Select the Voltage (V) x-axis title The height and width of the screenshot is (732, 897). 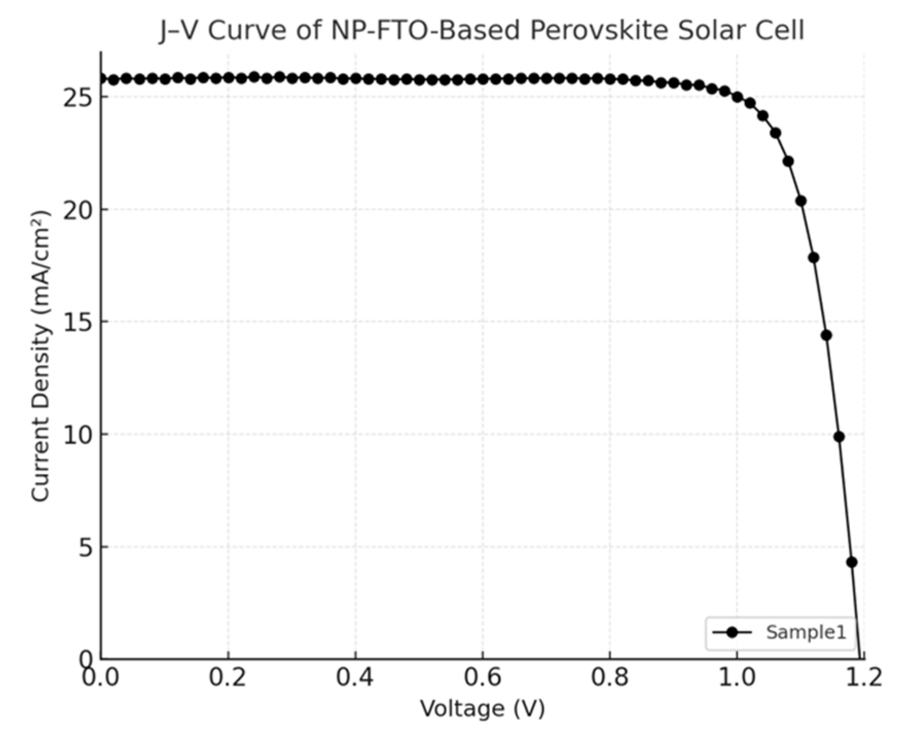482,709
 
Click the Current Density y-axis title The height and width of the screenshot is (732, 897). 41,355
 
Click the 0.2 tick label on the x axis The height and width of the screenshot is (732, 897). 228,678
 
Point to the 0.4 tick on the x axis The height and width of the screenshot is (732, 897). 355,678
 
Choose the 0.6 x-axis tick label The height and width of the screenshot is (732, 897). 483,678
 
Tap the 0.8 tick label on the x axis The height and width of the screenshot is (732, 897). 610,678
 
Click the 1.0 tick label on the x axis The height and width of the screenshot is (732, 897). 737,678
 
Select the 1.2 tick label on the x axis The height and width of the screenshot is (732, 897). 864,678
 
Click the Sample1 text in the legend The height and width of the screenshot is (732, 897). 806,632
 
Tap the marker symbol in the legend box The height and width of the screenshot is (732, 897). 733,632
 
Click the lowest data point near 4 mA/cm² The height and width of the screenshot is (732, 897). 852,562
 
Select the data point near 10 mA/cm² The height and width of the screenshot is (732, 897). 839,437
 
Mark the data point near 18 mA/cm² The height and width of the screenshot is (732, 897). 813,257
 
